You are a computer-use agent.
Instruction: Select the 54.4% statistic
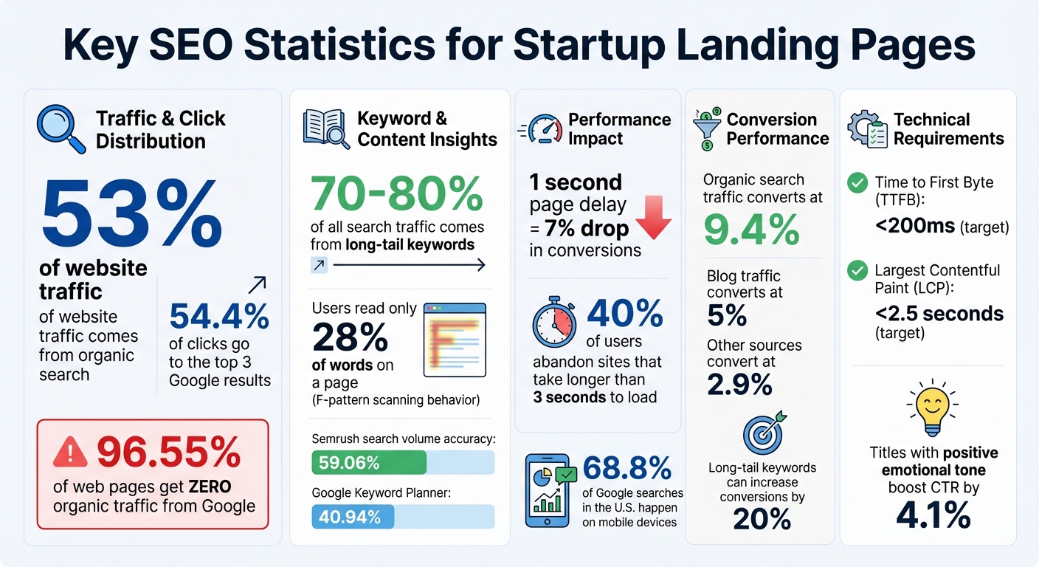[x=219, y=316]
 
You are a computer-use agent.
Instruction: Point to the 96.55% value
[x=168, y=453]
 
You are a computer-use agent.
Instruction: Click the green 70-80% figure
[x=396, y=193]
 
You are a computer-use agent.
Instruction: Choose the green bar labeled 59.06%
[x=369, y=463]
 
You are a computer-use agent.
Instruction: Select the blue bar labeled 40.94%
[x=353, y=517]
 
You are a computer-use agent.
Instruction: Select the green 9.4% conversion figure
[x=751, y=230]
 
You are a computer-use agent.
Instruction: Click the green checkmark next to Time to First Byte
[x=857, y=183]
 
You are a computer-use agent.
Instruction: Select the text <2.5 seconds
[x=939, y=313]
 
